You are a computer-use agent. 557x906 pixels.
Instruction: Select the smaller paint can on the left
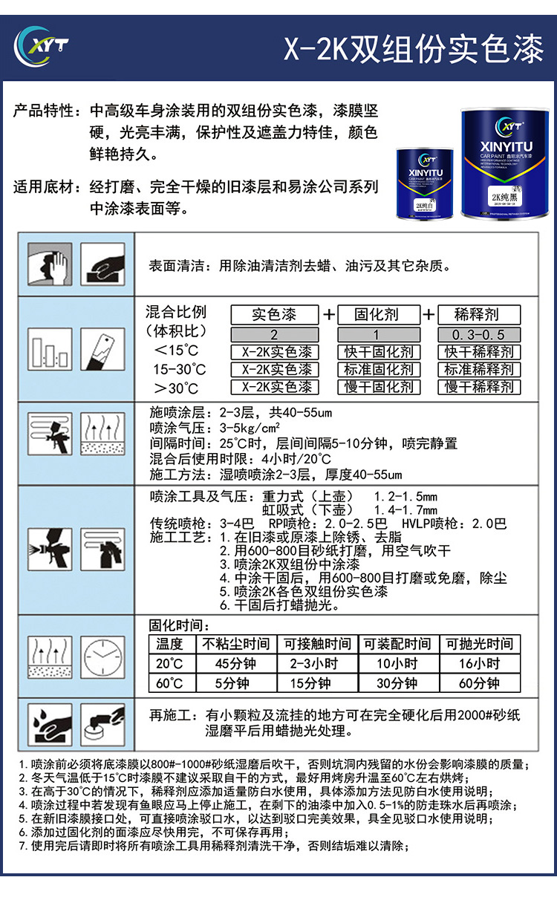(x=425, y=183)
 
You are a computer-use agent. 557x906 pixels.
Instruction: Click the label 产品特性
(x=47, y=111)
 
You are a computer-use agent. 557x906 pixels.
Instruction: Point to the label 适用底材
(x=47, y=186)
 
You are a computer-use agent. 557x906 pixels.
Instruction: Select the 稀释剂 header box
(x=478, y=314)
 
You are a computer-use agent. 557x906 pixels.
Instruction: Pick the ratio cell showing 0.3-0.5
(x=478, y=335)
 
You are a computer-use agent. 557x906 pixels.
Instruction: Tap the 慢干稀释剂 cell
(x=478, y=387)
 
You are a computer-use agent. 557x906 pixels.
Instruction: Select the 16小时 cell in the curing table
(x=479, y=664)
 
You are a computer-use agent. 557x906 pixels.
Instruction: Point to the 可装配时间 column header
(x=397, y=644)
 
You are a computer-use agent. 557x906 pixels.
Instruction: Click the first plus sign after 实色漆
(x=329, y=314)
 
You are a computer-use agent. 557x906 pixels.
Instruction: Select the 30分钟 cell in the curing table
(x=397, y=683)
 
